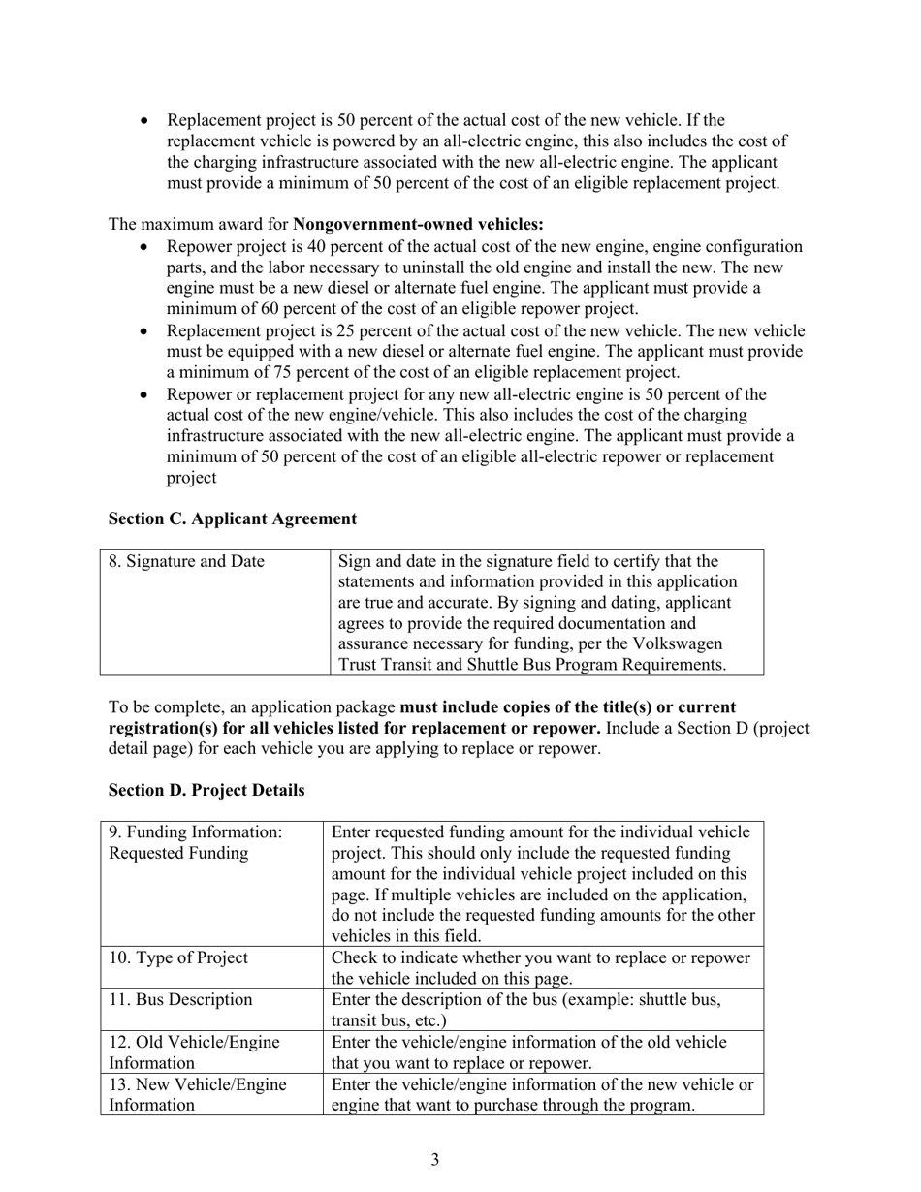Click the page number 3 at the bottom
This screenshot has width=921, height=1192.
point(435,1159)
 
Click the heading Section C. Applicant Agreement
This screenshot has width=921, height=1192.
point(233,518)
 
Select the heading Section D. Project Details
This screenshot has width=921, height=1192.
point(206,790)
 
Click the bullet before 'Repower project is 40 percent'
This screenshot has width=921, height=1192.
point(145,247)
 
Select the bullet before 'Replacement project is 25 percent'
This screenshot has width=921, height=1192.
point(145,330)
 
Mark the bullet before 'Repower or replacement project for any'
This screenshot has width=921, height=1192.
point(145,394)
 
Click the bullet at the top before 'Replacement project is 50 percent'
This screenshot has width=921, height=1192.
point(145,121)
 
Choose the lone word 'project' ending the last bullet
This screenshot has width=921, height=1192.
point(192,478)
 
